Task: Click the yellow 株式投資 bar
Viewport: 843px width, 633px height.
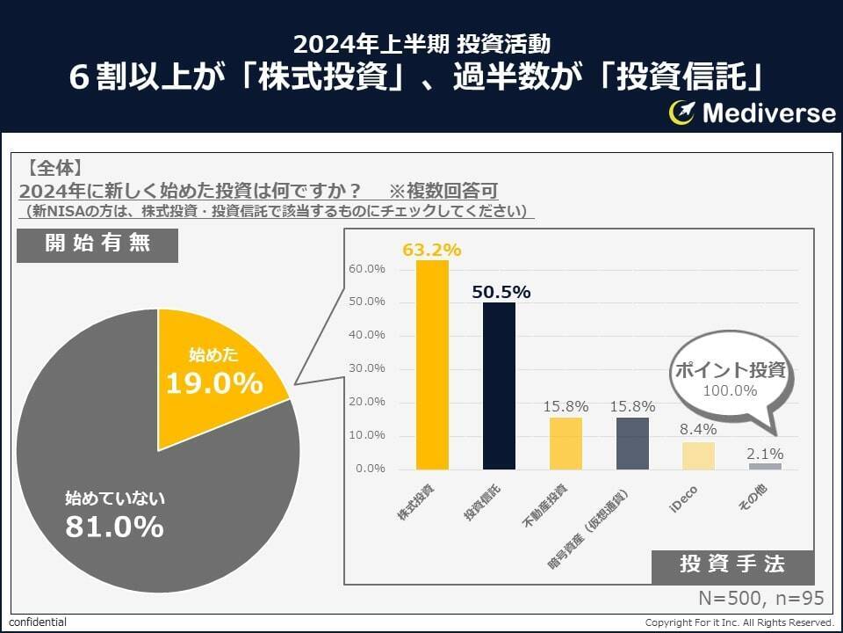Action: [x=432, y=365]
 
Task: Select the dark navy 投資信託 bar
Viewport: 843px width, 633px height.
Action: [x=499, y=386]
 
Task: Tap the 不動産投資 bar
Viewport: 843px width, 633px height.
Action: [x=566, y=443]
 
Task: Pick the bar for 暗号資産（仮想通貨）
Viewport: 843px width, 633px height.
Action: [x=632, y=443]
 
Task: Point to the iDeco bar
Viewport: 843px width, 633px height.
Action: [x=699, y=455]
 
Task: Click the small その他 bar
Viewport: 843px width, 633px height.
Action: [x=766, y=466]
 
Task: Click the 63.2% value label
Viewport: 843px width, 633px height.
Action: [x=432, y=250]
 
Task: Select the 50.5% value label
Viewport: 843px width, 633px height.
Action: [x=501, y=293]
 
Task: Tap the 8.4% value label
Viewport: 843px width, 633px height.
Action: [x=699, y=430]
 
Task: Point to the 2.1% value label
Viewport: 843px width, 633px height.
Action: [x=766, y=455]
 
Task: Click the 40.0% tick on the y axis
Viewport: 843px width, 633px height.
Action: [x=367, y=335]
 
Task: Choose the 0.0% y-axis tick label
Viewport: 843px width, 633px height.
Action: [x=369, y=469]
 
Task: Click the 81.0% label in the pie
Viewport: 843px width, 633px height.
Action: [x=114, y=527]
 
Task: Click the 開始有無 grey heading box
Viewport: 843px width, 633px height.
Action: [x=97, y=244]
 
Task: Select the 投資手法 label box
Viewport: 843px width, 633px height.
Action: [x=732, y=564]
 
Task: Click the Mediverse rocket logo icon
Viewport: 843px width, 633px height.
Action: [x=682, y=112]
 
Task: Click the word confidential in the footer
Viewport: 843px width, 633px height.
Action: [x=38, y=622]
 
